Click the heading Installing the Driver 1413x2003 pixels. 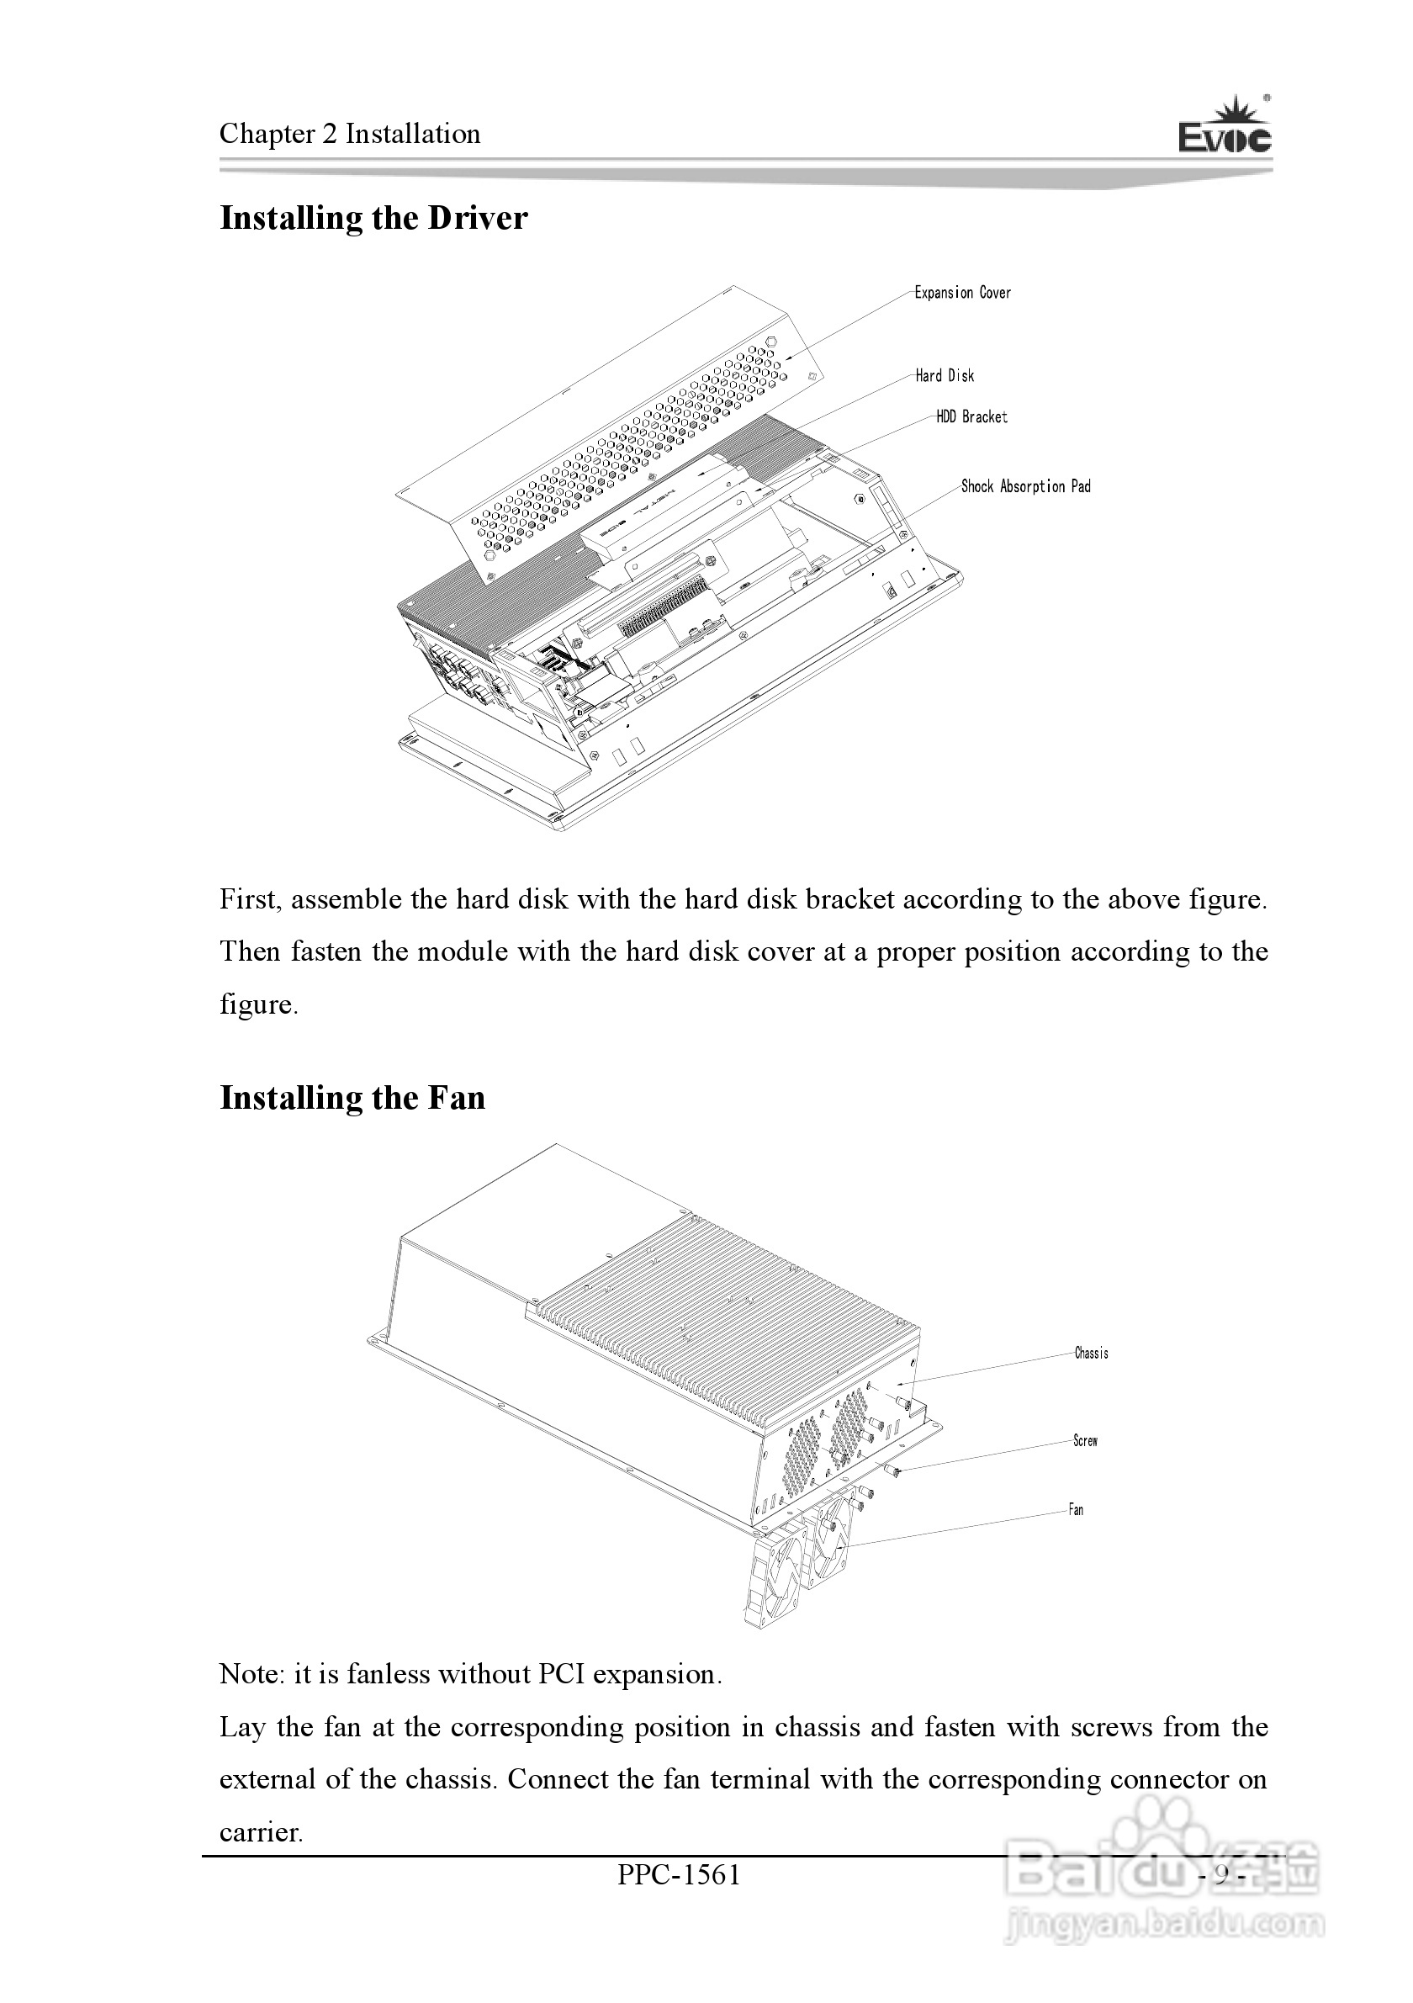373,218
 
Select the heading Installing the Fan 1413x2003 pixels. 352,1098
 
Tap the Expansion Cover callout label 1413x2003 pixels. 962,293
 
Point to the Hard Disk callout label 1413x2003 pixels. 945,376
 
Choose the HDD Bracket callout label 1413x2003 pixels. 971,417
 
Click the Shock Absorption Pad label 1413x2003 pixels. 1026,487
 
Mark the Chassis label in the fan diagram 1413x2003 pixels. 1091,1353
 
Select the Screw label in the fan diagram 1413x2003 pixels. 1085,1441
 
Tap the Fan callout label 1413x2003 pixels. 1077,1510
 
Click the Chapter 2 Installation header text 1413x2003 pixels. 350,134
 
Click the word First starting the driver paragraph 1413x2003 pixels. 250,899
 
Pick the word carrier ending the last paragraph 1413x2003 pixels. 259,1832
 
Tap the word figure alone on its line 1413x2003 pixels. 257,1005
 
